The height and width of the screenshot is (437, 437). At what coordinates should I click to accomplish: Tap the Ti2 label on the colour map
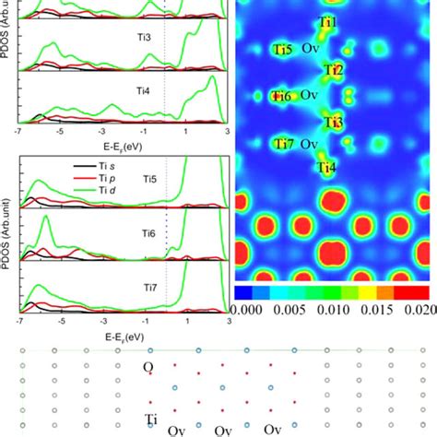[334, 71]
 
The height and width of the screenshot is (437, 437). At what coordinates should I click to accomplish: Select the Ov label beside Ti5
[309, 49]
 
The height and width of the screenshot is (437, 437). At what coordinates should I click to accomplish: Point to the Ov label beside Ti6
[309, 96]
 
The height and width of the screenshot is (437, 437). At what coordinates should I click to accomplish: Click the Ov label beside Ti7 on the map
[309, 145]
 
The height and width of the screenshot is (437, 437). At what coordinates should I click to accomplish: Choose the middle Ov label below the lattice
[223, 430]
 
